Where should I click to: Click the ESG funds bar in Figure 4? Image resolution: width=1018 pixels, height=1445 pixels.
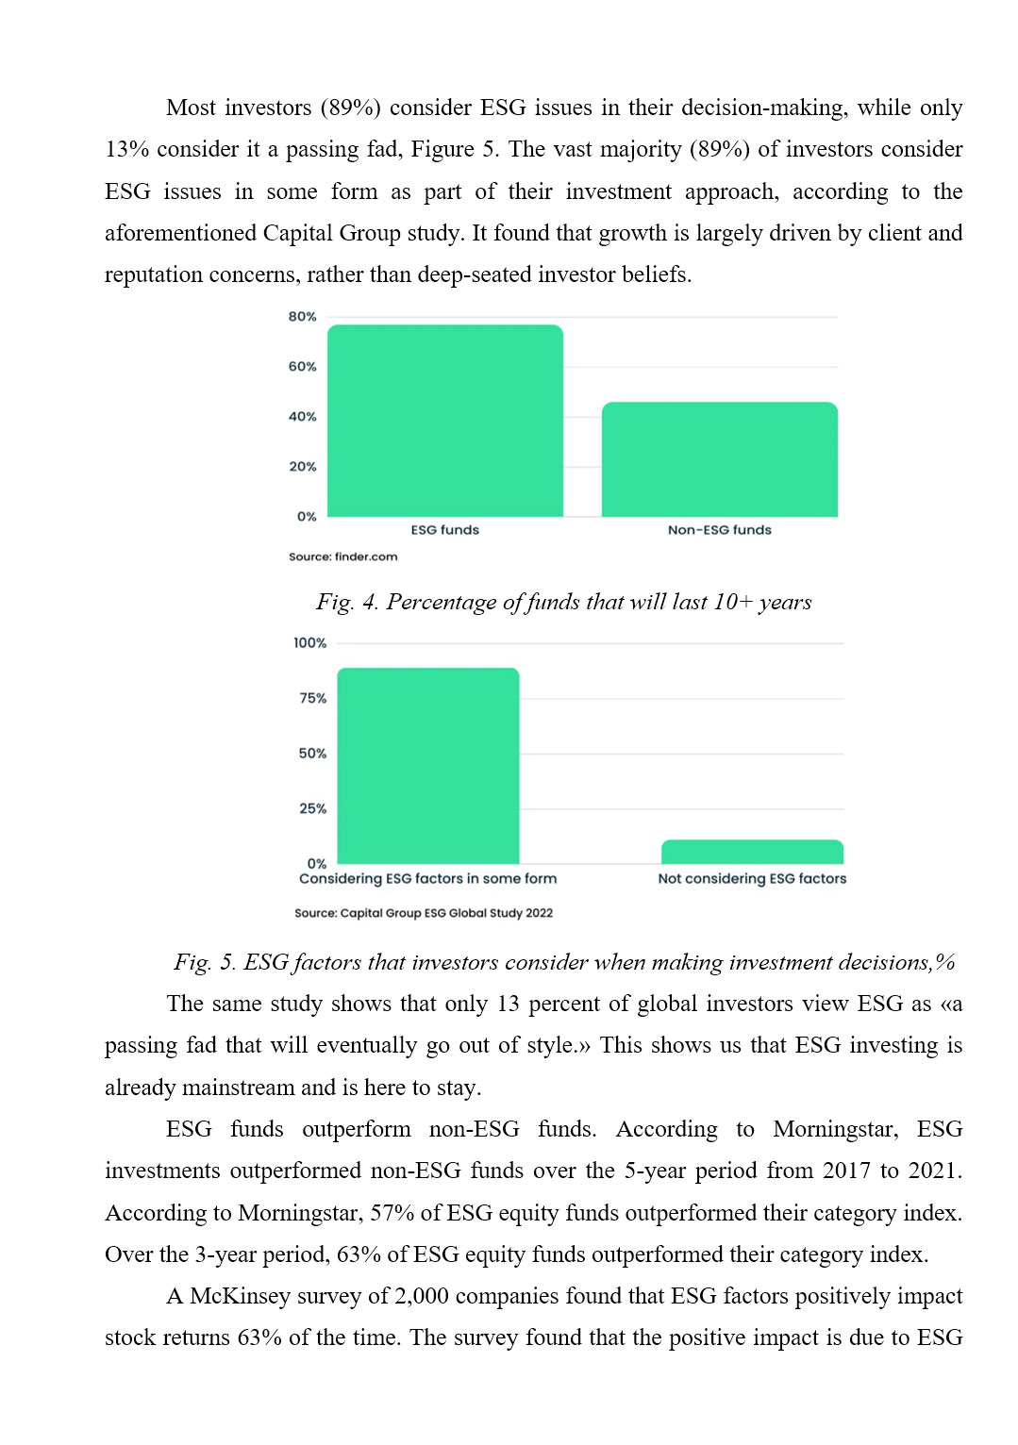444,421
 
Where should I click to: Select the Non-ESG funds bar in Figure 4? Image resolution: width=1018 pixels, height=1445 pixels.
719,459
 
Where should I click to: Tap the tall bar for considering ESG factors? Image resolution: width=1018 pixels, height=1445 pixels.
427,765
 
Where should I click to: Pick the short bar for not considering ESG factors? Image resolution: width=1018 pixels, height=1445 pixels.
752,852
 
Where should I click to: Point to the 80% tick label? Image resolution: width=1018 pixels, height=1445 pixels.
302,317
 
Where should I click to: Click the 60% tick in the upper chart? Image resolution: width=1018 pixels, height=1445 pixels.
302,367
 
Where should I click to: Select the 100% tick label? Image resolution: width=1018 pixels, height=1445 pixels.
309,643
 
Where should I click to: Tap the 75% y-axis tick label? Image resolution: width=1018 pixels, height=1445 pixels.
312,699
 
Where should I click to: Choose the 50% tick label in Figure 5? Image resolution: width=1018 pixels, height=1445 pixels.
312,754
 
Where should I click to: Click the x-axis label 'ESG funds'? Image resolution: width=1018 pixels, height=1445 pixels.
444,530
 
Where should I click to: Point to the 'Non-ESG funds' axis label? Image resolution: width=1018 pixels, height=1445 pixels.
719,530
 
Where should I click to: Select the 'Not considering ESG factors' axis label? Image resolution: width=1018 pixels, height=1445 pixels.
752,879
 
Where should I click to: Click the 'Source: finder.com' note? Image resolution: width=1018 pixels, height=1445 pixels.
342,556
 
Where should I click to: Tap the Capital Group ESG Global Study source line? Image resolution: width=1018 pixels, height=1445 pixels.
423,913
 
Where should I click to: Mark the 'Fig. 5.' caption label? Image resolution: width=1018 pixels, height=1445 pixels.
205,962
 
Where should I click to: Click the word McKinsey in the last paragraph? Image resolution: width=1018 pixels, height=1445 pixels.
240,1296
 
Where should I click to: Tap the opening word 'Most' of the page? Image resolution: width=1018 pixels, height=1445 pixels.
191,108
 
